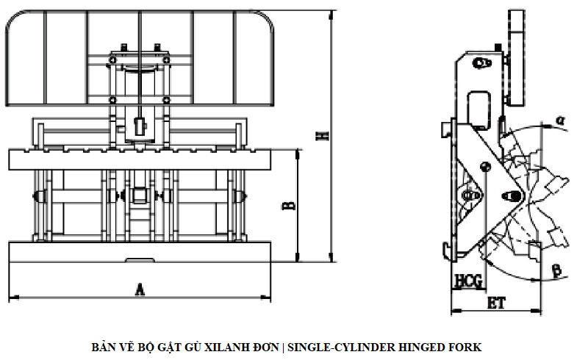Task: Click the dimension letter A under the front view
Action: tap(139, 289)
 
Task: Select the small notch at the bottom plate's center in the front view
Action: tap(140, 259)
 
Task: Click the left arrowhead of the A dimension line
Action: tap(12, 297)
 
